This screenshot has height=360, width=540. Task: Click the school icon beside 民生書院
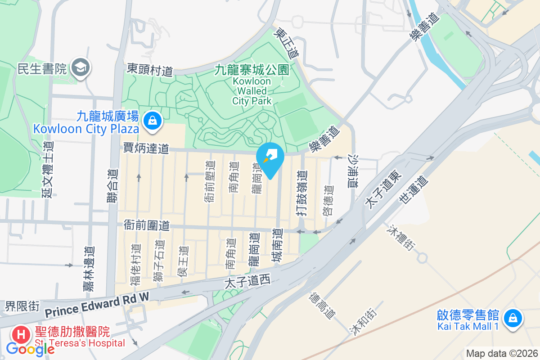tap(81, 68)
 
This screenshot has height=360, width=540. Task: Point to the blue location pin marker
tap(270, 159)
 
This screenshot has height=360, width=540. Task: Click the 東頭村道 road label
tap(150, 70)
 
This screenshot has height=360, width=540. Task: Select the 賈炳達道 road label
tap(146, 148)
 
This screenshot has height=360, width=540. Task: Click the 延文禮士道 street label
tap(48, 169)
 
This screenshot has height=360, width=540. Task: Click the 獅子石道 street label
tap(158, 261)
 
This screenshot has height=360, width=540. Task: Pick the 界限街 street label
tap(22, 306)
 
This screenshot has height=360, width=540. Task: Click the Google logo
tap(30, 349)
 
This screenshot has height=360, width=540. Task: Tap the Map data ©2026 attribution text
tap(502, 354)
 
